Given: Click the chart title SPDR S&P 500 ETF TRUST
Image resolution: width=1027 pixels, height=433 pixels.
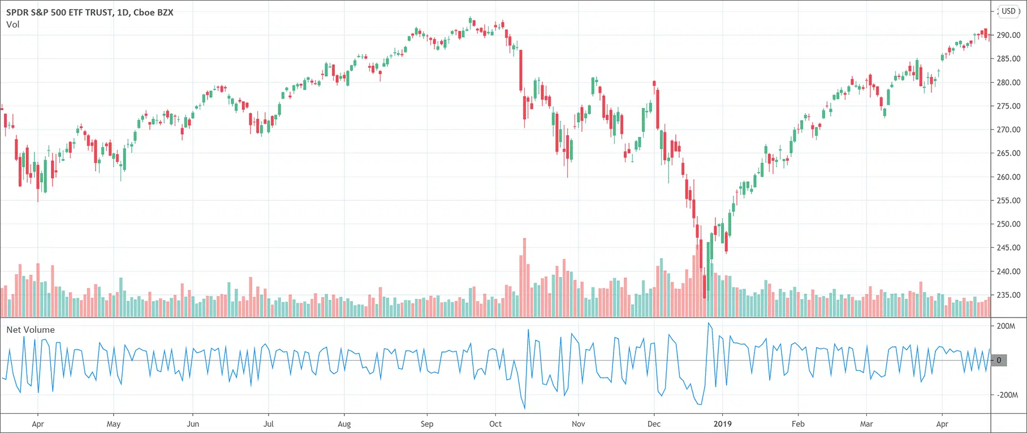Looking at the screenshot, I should (x=59, y=12).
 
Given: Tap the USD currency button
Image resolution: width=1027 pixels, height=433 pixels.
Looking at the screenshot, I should (x=1008, y=11).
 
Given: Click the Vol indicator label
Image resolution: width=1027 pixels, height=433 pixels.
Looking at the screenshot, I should (x=12, y=24).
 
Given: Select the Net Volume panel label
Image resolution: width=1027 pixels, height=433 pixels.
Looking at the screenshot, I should (x=31, y=329).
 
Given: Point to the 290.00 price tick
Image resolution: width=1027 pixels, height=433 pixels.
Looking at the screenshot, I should (x=1008, y=35).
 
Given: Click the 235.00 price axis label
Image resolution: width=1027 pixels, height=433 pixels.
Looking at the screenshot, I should (x=1008, y=295).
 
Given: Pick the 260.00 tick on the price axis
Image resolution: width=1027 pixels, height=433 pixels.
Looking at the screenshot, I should (x=1008, y=177).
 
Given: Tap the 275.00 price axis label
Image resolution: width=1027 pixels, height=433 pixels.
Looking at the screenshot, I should (x=1008, y=106).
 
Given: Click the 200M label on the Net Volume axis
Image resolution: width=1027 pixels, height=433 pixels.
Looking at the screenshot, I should (x=1006, y=326).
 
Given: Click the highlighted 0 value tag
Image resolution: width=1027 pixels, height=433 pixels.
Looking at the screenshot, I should (x=999, y=360).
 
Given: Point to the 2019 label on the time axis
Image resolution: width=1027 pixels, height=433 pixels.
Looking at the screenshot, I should (x=722, y=423).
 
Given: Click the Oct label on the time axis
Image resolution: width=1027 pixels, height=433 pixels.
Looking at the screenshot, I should (x=495, y=423).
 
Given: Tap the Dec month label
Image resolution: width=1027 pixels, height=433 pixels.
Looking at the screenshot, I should (x=654, y=423).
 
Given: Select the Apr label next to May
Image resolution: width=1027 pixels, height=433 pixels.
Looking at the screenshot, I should (x=38, y=423).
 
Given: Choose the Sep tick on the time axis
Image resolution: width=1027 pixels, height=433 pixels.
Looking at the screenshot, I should (x=427, y=423).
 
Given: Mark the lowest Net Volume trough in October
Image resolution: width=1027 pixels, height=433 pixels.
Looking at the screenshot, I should (x=524, y=408).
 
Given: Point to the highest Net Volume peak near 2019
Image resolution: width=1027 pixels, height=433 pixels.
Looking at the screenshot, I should (x=708, y=323).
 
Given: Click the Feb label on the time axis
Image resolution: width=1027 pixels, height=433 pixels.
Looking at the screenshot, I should (x=798, y=423).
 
